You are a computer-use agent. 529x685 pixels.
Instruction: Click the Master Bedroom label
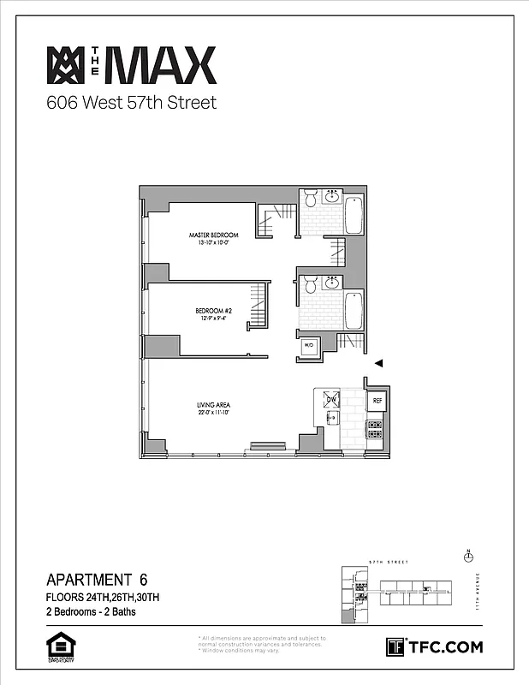[213, 235]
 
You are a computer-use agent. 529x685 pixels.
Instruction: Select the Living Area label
[213, 405]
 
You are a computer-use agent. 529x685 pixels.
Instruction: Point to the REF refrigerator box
[375, 400]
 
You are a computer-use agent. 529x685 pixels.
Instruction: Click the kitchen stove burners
[375, 428]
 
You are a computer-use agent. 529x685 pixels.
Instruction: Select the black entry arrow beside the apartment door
[379, 363]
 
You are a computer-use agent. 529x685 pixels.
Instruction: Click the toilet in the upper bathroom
[310, 200]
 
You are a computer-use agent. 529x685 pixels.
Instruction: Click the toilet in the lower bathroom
[310, 284]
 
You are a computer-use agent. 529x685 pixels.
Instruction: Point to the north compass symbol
[467, 557]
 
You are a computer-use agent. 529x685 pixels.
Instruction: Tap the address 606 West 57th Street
[131, 104]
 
